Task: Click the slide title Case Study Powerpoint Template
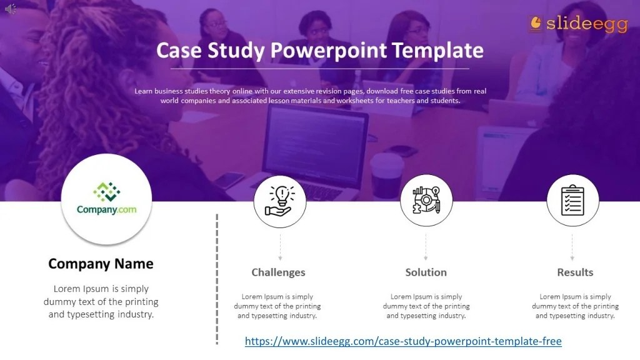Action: click(x=319, y=50)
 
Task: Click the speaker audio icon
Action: click(x=11, y=8)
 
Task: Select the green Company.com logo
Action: click(x=106, y=198)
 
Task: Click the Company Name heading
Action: click(x=101, y=264)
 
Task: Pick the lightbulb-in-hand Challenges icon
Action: click(x=279, y=201)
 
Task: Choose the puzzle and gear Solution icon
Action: click(x=426, y=201)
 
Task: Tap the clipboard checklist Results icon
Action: click(x=572, y=201)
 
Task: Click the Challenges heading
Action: click(x=278, y=272)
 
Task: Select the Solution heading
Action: click(x=426, y=272)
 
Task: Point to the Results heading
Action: click(x=575, y=272)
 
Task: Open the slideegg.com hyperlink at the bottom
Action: click(x=403, y=341)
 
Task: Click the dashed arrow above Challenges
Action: click(x=279, y=247)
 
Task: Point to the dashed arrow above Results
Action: click(x=572, y=247)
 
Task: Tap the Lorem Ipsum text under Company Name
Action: click(x=101, y=301)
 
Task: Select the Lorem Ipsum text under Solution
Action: click(x=426, y=306)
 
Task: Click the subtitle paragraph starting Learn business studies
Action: click(x=310, y=96)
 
